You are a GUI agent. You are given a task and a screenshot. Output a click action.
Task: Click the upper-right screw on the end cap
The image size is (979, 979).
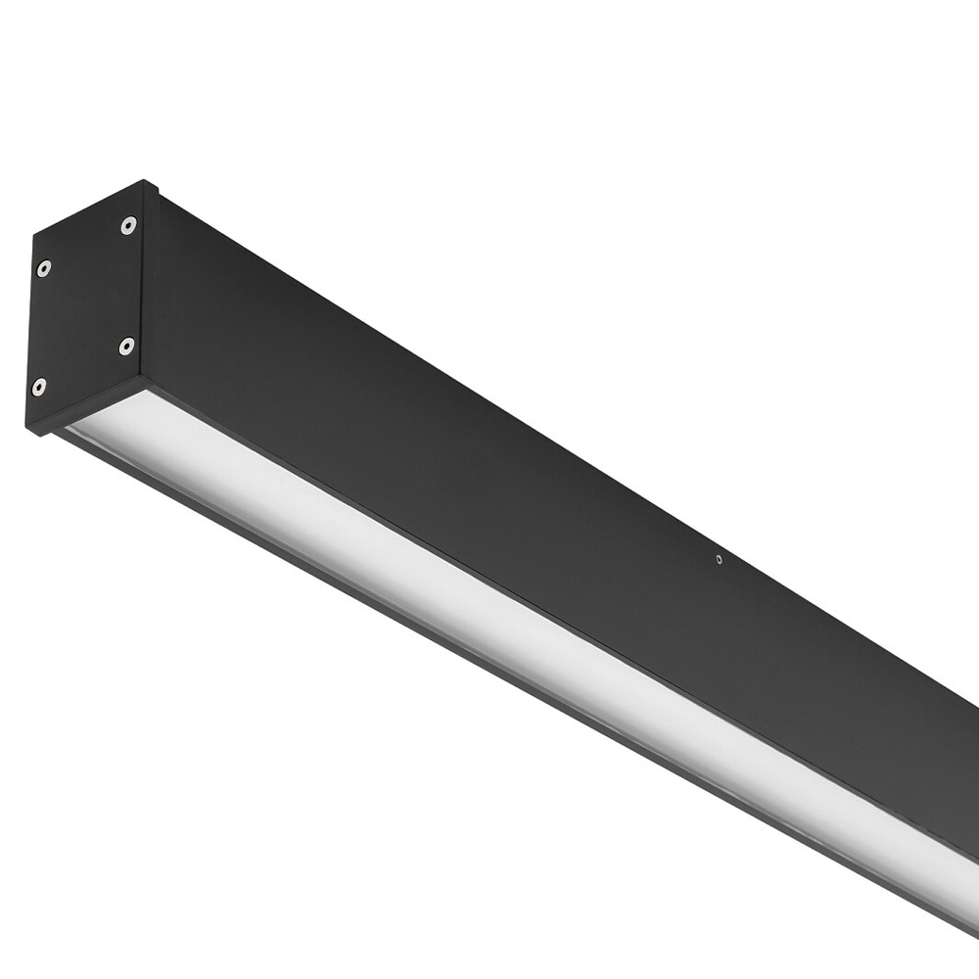pyautogui.click(x=128, y=226)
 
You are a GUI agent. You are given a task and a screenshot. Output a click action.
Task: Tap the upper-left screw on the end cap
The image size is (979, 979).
pyautogui.click(x=43, y=267)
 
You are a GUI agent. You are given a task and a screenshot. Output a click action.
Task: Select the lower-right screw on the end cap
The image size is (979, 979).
pyautogui.click(x=126, y=346)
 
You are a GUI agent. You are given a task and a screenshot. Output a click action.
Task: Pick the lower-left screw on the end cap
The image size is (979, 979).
pyautogui.click(x=38, y=387)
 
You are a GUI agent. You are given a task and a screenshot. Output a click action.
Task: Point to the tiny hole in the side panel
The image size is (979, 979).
pyautogui.click(x=719, y=560)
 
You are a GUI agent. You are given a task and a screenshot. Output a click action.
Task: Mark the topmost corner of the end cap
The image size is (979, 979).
pyautogui.click(x=144, y=182)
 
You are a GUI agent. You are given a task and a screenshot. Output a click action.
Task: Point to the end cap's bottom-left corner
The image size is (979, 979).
pyautogui.click(x=27, y=431)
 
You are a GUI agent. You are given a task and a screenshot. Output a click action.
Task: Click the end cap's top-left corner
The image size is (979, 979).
pyautogui.click(x=34, y=234)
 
